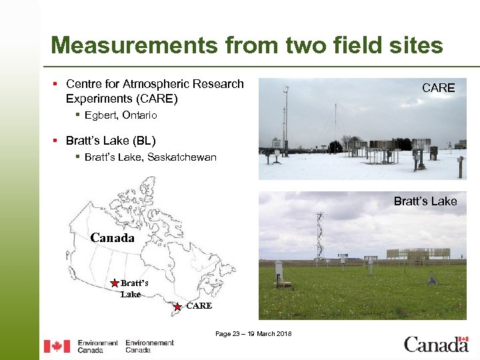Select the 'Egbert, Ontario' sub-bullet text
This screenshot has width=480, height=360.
121,115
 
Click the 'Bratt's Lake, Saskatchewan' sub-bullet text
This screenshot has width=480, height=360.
151,157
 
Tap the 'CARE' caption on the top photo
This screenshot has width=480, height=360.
439,88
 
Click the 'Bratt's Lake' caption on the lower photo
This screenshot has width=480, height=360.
425,201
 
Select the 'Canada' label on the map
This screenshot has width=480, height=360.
112,238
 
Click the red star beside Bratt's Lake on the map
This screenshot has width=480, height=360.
115,283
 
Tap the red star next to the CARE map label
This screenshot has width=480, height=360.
177,307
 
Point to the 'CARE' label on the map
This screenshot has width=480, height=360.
199,306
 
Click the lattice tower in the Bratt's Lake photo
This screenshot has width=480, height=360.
321,237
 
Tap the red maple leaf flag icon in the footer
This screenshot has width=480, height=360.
57,346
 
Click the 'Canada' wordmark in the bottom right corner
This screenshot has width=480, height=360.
436,345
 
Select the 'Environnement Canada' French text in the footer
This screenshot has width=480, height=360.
149,346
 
